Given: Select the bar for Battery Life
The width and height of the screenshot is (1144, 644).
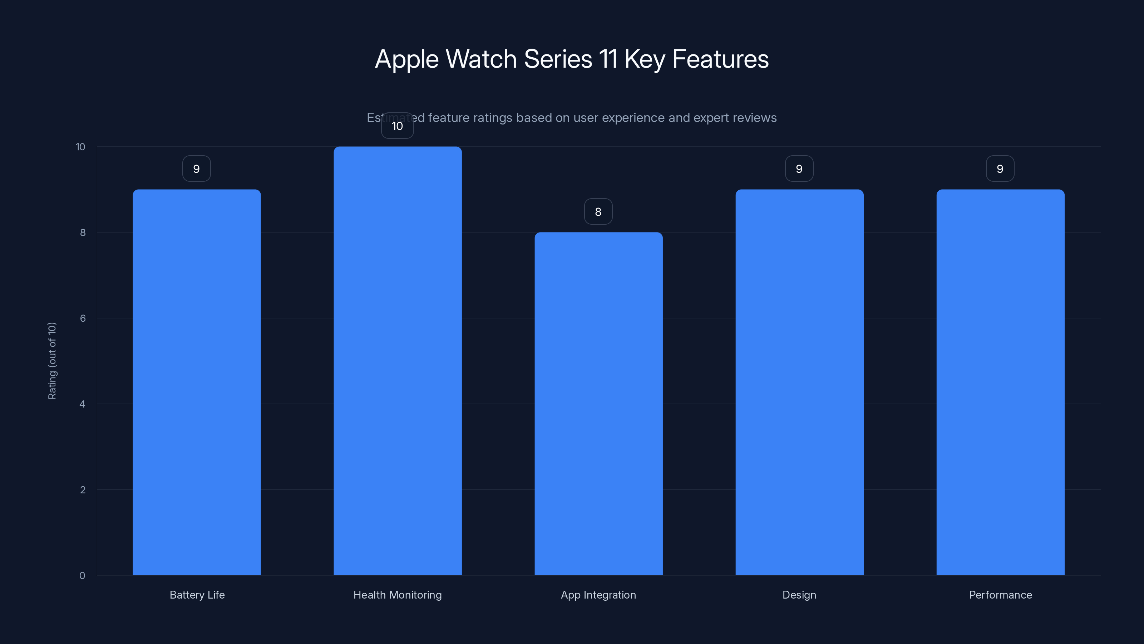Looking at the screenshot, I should click(197, 382).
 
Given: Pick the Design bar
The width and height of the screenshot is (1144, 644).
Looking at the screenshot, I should click(799, 382).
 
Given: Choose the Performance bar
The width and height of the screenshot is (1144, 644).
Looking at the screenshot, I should click(1000, 382).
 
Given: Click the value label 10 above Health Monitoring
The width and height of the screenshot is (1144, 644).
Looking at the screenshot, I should click(398, 126).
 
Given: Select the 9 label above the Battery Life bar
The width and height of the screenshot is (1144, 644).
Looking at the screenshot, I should click(196, 169).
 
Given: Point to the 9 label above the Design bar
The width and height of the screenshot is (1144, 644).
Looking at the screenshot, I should click(799, 169).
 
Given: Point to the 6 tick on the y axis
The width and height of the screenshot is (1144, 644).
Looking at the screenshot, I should click(83, 318).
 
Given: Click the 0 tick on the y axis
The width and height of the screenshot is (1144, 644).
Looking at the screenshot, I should click(82, 576).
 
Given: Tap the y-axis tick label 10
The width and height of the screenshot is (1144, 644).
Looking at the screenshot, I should click(80, 147).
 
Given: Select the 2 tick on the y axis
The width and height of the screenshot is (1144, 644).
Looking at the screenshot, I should click(83, 490).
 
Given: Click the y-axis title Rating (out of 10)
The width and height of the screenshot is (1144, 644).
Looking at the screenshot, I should click(52, 361).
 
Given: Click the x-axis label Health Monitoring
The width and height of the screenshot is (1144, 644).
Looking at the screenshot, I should click(398, 595).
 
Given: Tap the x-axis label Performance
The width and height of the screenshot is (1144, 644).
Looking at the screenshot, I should click(1000, 595).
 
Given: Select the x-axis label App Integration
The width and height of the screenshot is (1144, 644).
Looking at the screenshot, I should click(598, 595).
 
